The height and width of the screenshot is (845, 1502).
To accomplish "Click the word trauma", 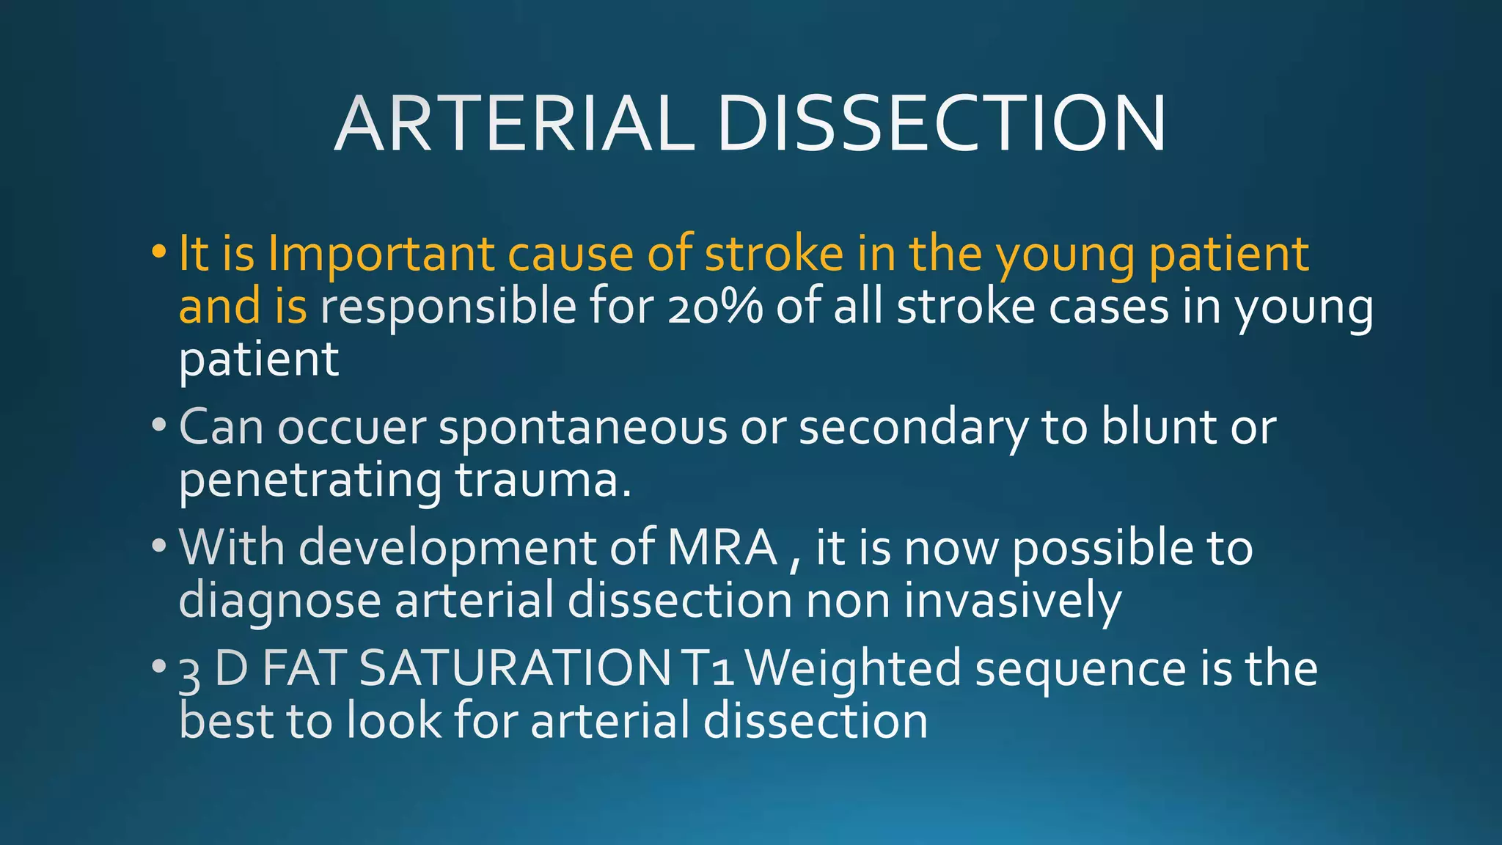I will (x=543, y=480).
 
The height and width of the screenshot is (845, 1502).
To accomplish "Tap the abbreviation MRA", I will (x=722, y=547).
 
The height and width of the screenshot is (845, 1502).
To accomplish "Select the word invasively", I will (x=1012, y=601).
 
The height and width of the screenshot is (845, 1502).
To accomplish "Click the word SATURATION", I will (x=515, y=668).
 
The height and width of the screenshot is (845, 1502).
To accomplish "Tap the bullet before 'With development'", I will (x=158, y=546).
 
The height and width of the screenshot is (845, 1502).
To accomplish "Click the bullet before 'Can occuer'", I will (x=158, y=425).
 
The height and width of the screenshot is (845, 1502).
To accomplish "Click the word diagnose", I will (x=279, y=602).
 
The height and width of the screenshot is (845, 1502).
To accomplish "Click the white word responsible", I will (x=448, y=308).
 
